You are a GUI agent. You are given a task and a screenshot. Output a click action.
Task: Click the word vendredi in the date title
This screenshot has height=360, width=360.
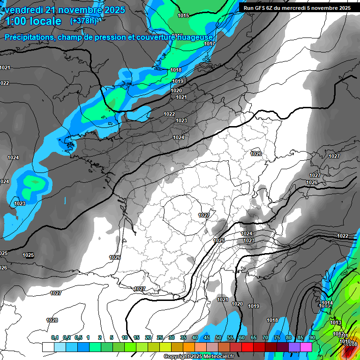[x=24, y=10]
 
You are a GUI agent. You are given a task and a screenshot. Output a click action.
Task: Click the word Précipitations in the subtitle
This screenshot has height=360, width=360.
[x=29, y=37]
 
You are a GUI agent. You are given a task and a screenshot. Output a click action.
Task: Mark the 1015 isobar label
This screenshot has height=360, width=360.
[x=183, y=16]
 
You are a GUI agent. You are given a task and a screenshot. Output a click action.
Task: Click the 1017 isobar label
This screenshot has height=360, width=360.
[x=210, y=44]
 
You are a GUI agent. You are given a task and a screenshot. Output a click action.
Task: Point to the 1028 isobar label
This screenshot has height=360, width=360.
[x=52, y=320]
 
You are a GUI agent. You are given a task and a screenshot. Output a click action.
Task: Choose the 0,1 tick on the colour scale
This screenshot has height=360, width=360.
[x=54, y=337]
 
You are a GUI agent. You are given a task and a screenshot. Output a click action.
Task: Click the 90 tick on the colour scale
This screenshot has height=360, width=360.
[x=312, y=337]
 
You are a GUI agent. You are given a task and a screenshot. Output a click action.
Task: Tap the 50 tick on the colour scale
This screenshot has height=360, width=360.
[x=218, y=337]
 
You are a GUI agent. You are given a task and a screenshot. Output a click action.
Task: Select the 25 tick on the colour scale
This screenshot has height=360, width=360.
[x=160, y=337]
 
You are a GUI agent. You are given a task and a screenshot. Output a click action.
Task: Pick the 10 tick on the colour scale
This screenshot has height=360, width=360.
[x=125, y=337]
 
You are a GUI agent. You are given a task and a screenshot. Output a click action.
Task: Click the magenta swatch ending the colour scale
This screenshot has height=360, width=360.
[x=306, y=347]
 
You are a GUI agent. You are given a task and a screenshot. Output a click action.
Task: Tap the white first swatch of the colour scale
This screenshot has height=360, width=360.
[x=48, y=347]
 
